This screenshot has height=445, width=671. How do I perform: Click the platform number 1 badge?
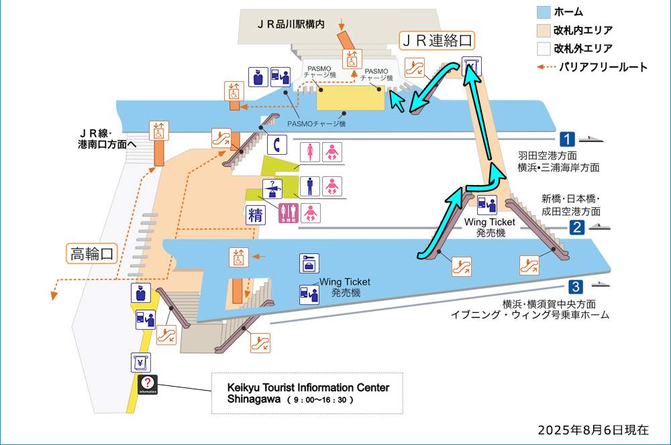[x=568, y=139]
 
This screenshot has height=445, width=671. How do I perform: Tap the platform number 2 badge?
[x=576, y=227]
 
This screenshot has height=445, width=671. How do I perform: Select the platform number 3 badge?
[x=575, y=288]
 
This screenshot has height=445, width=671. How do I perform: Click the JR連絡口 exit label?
[x=437, y=40]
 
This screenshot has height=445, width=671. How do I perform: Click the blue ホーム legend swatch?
[x=544, y=12]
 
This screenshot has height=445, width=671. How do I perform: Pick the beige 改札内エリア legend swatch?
[x=544, y=30]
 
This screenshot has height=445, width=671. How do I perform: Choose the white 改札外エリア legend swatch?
[x=544, y=48]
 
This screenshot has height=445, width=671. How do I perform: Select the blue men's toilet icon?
[x=309, y=186]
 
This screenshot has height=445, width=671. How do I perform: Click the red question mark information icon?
[x=148, y=384]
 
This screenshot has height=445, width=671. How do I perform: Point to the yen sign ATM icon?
[x=140, y=363]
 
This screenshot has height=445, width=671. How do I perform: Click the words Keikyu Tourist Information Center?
[x=308, y=388]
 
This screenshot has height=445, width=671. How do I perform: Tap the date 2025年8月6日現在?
[x=593, y=430]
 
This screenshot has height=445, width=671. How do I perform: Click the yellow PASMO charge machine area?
[x=350, y=99]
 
